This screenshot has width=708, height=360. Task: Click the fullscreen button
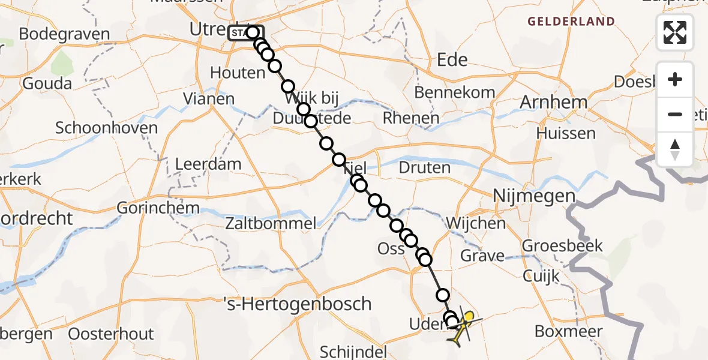coord(675,32)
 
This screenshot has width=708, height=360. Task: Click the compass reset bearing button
coord(675,149)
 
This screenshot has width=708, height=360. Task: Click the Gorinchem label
coord(158,208)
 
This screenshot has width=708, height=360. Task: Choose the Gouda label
coord(47,83)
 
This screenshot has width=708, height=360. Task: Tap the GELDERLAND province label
coord(571,22)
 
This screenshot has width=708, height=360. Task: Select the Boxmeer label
coord(568,331)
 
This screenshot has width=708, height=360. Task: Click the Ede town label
coord(453,59)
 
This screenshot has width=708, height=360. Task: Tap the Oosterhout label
coord(111,334)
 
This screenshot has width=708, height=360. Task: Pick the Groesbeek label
coord(562,246)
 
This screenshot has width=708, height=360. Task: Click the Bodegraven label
coord(64,34)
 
